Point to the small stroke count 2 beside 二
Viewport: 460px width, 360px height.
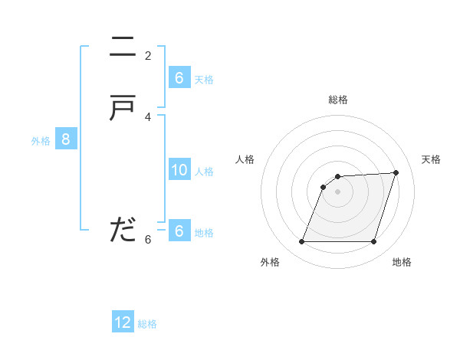(148, 56)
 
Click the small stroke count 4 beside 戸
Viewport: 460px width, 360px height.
(148, 117)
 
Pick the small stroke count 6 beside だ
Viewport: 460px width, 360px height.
(148, 240)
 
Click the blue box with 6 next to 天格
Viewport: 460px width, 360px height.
(179, 78)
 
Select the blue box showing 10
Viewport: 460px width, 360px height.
(179, 170)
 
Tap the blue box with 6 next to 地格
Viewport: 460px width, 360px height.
(179, 231)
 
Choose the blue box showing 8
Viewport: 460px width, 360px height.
(66, 139)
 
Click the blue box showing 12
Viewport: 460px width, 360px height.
(123, 322)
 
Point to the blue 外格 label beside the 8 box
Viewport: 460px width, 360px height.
(41, 141)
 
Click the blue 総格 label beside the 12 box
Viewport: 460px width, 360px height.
(147, 324)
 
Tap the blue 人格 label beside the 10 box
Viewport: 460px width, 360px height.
(205, 172)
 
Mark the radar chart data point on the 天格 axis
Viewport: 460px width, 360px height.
(396, 172)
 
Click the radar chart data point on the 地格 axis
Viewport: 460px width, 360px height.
(373, 241)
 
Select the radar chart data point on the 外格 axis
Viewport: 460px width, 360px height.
(302, 241)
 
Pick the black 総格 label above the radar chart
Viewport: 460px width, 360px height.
(338, 100)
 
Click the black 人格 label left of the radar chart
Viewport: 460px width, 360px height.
(245, 159)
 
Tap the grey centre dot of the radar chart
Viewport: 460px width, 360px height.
(338, 191)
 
